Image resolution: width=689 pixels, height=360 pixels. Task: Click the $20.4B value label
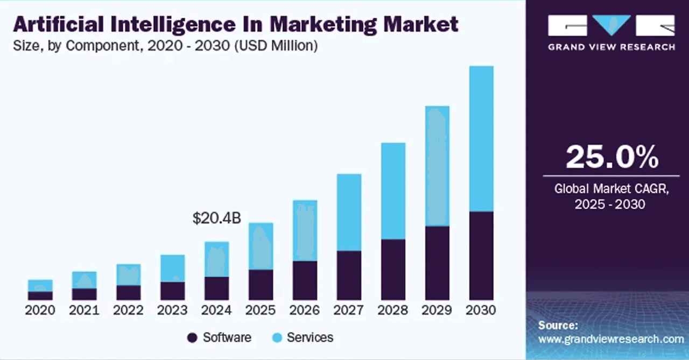(x=217, y=218)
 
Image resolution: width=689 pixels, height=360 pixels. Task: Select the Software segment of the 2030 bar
(x=481, y=256)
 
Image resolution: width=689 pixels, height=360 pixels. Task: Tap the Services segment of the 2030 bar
(x=481, y=139)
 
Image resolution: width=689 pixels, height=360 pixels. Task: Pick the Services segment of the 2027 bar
(x=349, y=213)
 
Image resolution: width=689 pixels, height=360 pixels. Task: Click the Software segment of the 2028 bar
(x=393, y=270)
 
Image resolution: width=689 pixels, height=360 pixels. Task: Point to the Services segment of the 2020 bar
(x=40, y=286)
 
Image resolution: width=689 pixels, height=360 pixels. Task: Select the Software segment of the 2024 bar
(x=217, y=288)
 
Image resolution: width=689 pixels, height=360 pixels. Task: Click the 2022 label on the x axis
(x=128, y=310)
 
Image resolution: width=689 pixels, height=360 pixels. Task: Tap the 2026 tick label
(x=305, y=310)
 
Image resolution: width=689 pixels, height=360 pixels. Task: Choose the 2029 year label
(x=437, y=310)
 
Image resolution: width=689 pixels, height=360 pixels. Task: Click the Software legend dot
(x=192, y=338)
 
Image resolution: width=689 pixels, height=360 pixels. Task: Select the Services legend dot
(x=277, y=338)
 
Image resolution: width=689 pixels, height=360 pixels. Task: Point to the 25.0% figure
(x=612, y=157)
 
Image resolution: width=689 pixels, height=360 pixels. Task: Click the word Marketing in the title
(x=324, y=25)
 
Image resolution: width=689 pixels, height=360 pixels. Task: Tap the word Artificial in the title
(x=59, y=24)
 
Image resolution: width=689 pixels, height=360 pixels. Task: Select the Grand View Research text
(x=612, y=47)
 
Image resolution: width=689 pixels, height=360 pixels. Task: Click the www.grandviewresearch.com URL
(x=611, y=339)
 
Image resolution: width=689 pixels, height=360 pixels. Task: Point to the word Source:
(x=558, y=326)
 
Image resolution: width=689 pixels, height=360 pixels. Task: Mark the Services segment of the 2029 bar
(x=438, y=166)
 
